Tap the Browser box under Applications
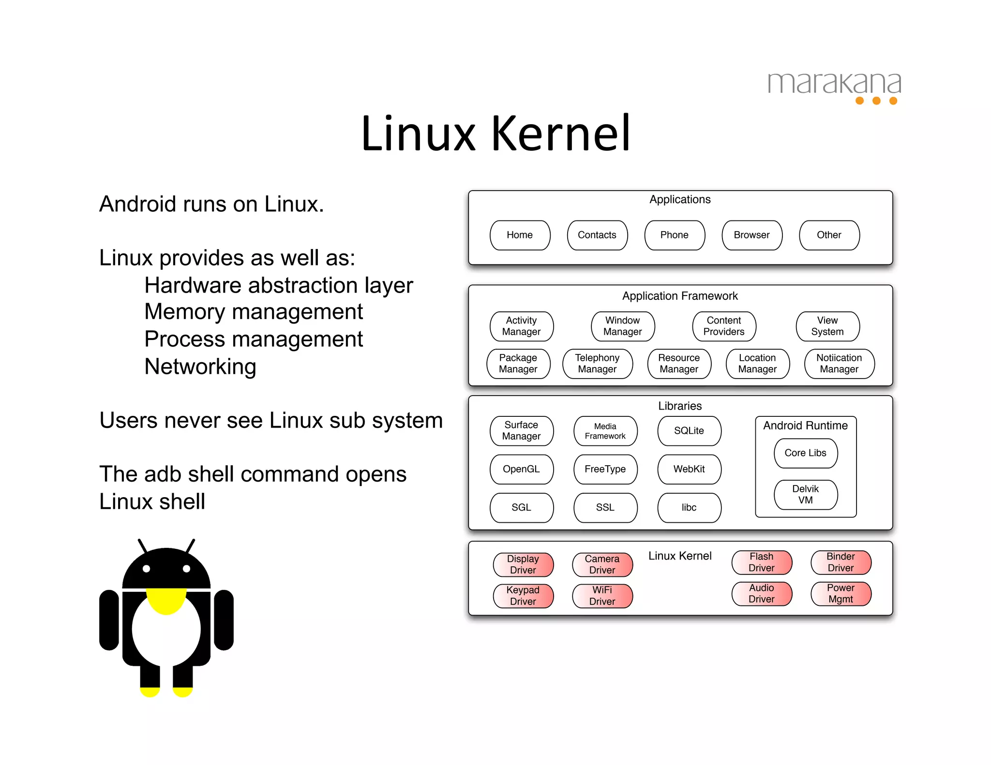click(751, 235)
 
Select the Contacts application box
click(597, 235)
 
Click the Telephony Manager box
click(597, 364)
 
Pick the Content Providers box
click(724, 326)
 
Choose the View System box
click(827, 326)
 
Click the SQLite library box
click(689, 431)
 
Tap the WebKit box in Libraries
click(689, 469)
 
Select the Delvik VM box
click(806, 495)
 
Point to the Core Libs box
click(806, 453)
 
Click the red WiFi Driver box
click(602, 596)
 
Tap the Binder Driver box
click(841, 562)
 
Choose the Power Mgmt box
click(841, 594)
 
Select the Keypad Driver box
click(523, 596)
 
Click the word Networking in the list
click(200, 367)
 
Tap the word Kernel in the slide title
click(561, 133)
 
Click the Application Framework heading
click(680, 296)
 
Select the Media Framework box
click(605, 431)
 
